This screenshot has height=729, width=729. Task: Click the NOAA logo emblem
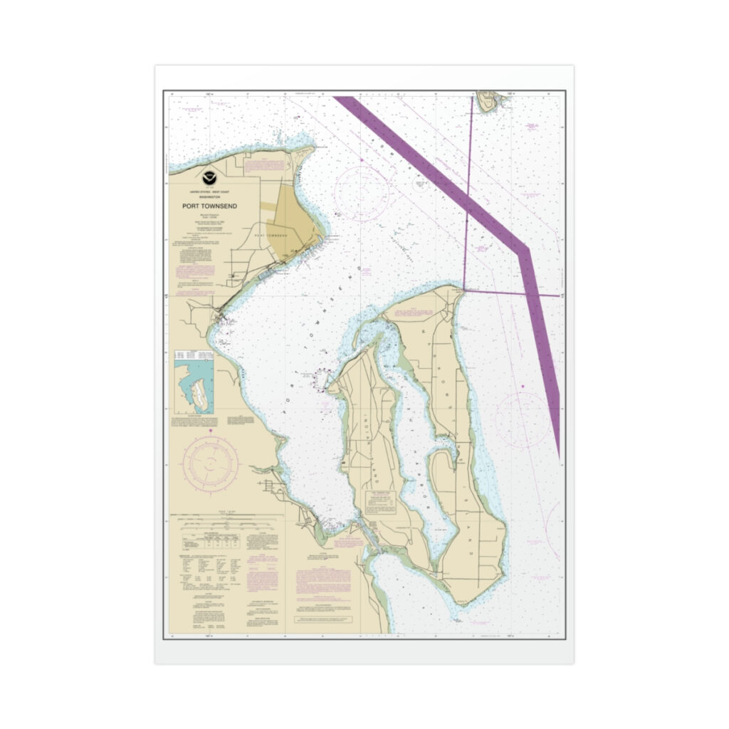click(209, 176)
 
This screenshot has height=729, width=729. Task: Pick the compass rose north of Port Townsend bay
click(360, 190)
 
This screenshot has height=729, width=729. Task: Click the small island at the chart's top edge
click(488, 100)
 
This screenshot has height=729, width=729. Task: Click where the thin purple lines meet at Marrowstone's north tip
click(463, 290)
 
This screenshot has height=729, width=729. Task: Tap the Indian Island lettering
click(370, 434)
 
